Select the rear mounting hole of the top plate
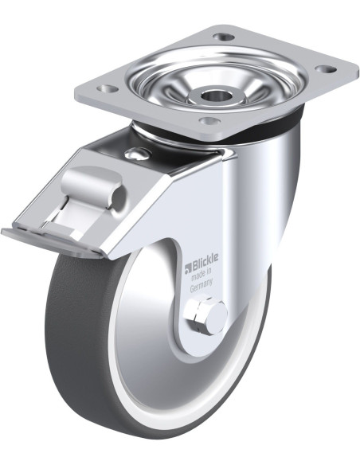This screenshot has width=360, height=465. (224, 37)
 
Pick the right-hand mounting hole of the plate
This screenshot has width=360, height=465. (326, 69)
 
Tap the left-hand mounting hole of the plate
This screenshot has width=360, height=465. (107, 88)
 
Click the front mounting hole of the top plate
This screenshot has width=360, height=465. (209, 121)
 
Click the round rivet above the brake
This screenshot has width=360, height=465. (137, 154)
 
